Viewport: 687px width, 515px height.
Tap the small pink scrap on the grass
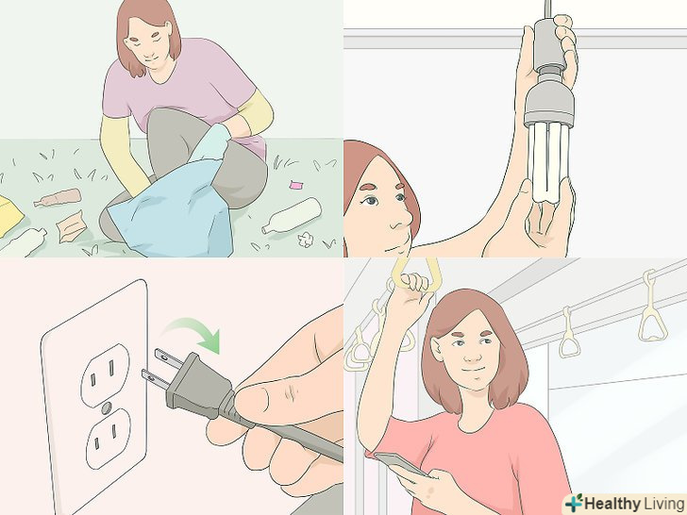pos(296,185)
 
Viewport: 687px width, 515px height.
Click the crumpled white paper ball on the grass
pos(306,240)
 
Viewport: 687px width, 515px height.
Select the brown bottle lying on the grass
pos(58,198)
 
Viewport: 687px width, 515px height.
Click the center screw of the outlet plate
pos(106,408)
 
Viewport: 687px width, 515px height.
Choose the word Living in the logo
pos(663,503)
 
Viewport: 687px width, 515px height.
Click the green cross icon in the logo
pos(574,503)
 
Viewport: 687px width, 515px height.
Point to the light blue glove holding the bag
pos(210,142)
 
